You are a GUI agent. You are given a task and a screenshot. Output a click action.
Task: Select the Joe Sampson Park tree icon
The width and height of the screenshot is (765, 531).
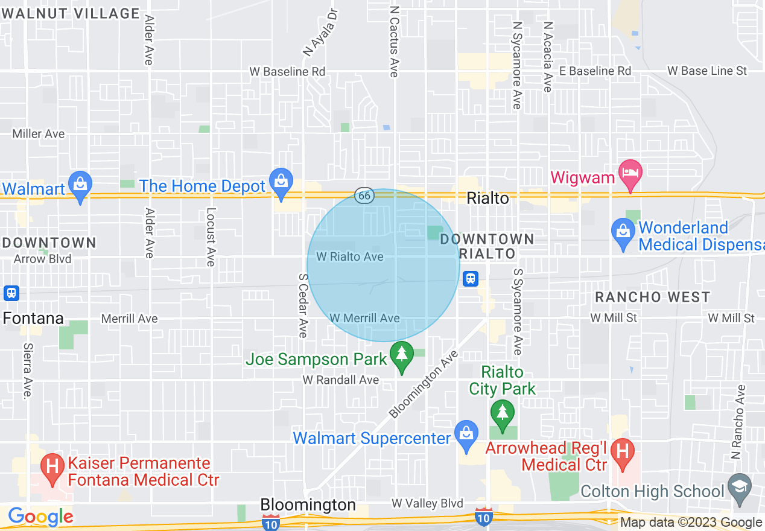pyautogui.click(x=401, y=355)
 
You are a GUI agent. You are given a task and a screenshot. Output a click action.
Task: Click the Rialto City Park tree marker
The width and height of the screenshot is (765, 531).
pyautogui.click(x=502, y=413)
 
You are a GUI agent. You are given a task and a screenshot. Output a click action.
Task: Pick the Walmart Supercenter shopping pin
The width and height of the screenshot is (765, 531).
pyautogui.click(x=466, y=435)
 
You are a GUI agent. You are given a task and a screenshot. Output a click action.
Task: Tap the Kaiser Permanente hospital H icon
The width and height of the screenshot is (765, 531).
pyautogui.click(x=52, y=468)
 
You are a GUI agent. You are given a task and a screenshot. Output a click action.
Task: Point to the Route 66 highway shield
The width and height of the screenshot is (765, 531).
pyautogui.click(x=364, y=196)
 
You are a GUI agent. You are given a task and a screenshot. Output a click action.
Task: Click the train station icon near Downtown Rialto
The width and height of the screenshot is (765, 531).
pyautogui.click(x=471, y=278)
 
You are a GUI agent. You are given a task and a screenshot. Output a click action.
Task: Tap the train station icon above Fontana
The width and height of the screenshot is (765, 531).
pyautogui.click(x=11, y=293)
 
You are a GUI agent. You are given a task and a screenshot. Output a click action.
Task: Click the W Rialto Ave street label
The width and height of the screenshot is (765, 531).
pyautogui.click(x=350, y=257)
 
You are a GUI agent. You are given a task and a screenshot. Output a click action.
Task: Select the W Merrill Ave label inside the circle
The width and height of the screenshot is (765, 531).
pyautogui.click(x=364, y=318)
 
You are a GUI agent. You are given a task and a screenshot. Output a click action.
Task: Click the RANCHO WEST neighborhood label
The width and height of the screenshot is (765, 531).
pyautogui.click(x=652, y=297)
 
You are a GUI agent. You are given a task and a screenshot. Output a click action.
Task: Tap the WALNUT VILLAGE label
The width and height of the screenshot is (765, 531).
pyautogui.click(x=70, y=13)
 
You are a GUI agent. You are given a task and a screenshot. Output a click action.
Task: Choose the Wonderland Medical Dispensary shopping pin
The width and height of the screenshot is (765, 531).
pyautogui.click(x=621, y=231)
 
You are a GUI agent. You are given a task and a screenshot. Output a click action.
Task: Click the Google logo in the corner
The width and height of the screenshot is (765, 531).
pyautogui.click(x=40, y=517)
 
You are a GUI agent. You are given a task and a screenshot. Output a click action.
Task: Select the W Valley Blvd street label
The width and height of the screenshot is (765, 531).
pyautogui.click(x=427, y=503)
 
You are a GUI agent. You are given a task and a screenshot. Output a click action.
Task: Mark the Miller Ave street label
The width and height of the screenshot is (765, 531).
pyautogui.click(x=39, y=134)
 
